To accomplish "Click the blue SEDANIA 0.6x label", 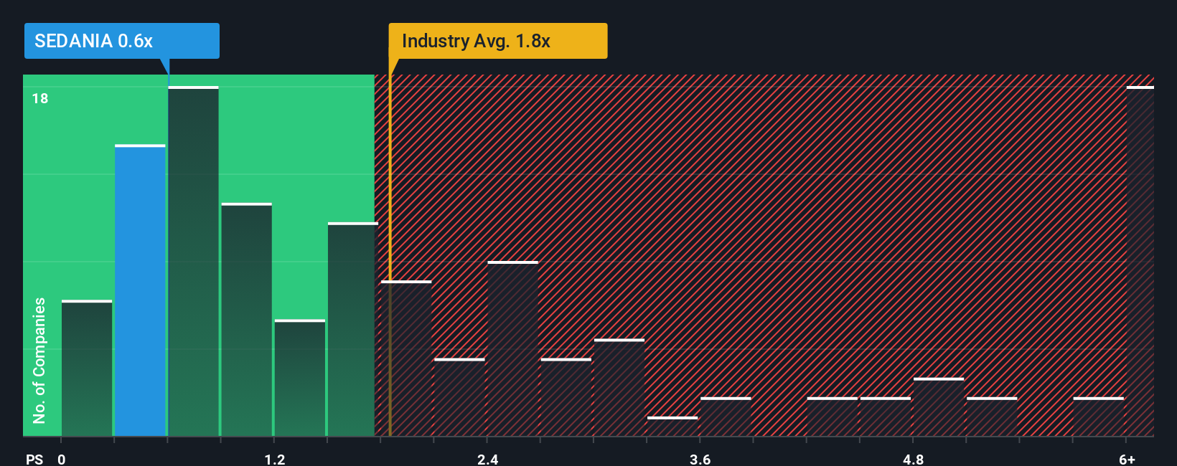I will [121, 41].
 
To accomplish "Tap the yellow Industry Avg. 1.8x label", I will [497, 41].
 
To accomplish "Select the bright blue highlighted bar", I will [140, 290].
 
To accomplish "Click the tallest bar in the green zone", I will [193, 262].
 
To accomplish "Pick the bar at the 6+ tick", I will [1140, 262].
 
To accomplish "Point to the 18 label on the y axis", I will [40, 98].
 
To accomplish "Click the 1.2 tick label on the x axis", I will [274, 459].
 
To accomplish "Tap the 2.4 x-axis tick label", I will [487, 459].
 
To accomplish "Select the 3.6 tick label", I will [700, 459].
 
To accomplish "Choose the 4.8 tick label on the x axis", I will [913, 459].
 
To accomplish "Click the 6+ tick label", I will [1127, 459].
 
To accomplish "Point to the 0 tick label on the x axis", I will [62, 459].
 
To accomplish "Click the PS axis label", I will [34, 459].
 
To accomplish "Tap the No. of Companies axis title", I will [39, 360].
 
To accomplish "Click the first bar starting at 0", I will [87, 368].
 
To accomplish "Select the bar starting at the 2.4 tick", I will [512, 349].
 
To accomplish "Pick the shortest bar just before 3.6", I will [672, 427].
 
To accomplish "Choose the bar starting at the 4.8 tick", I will [939, 407].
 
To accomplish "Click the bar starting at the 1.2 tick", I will [300, 378].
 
